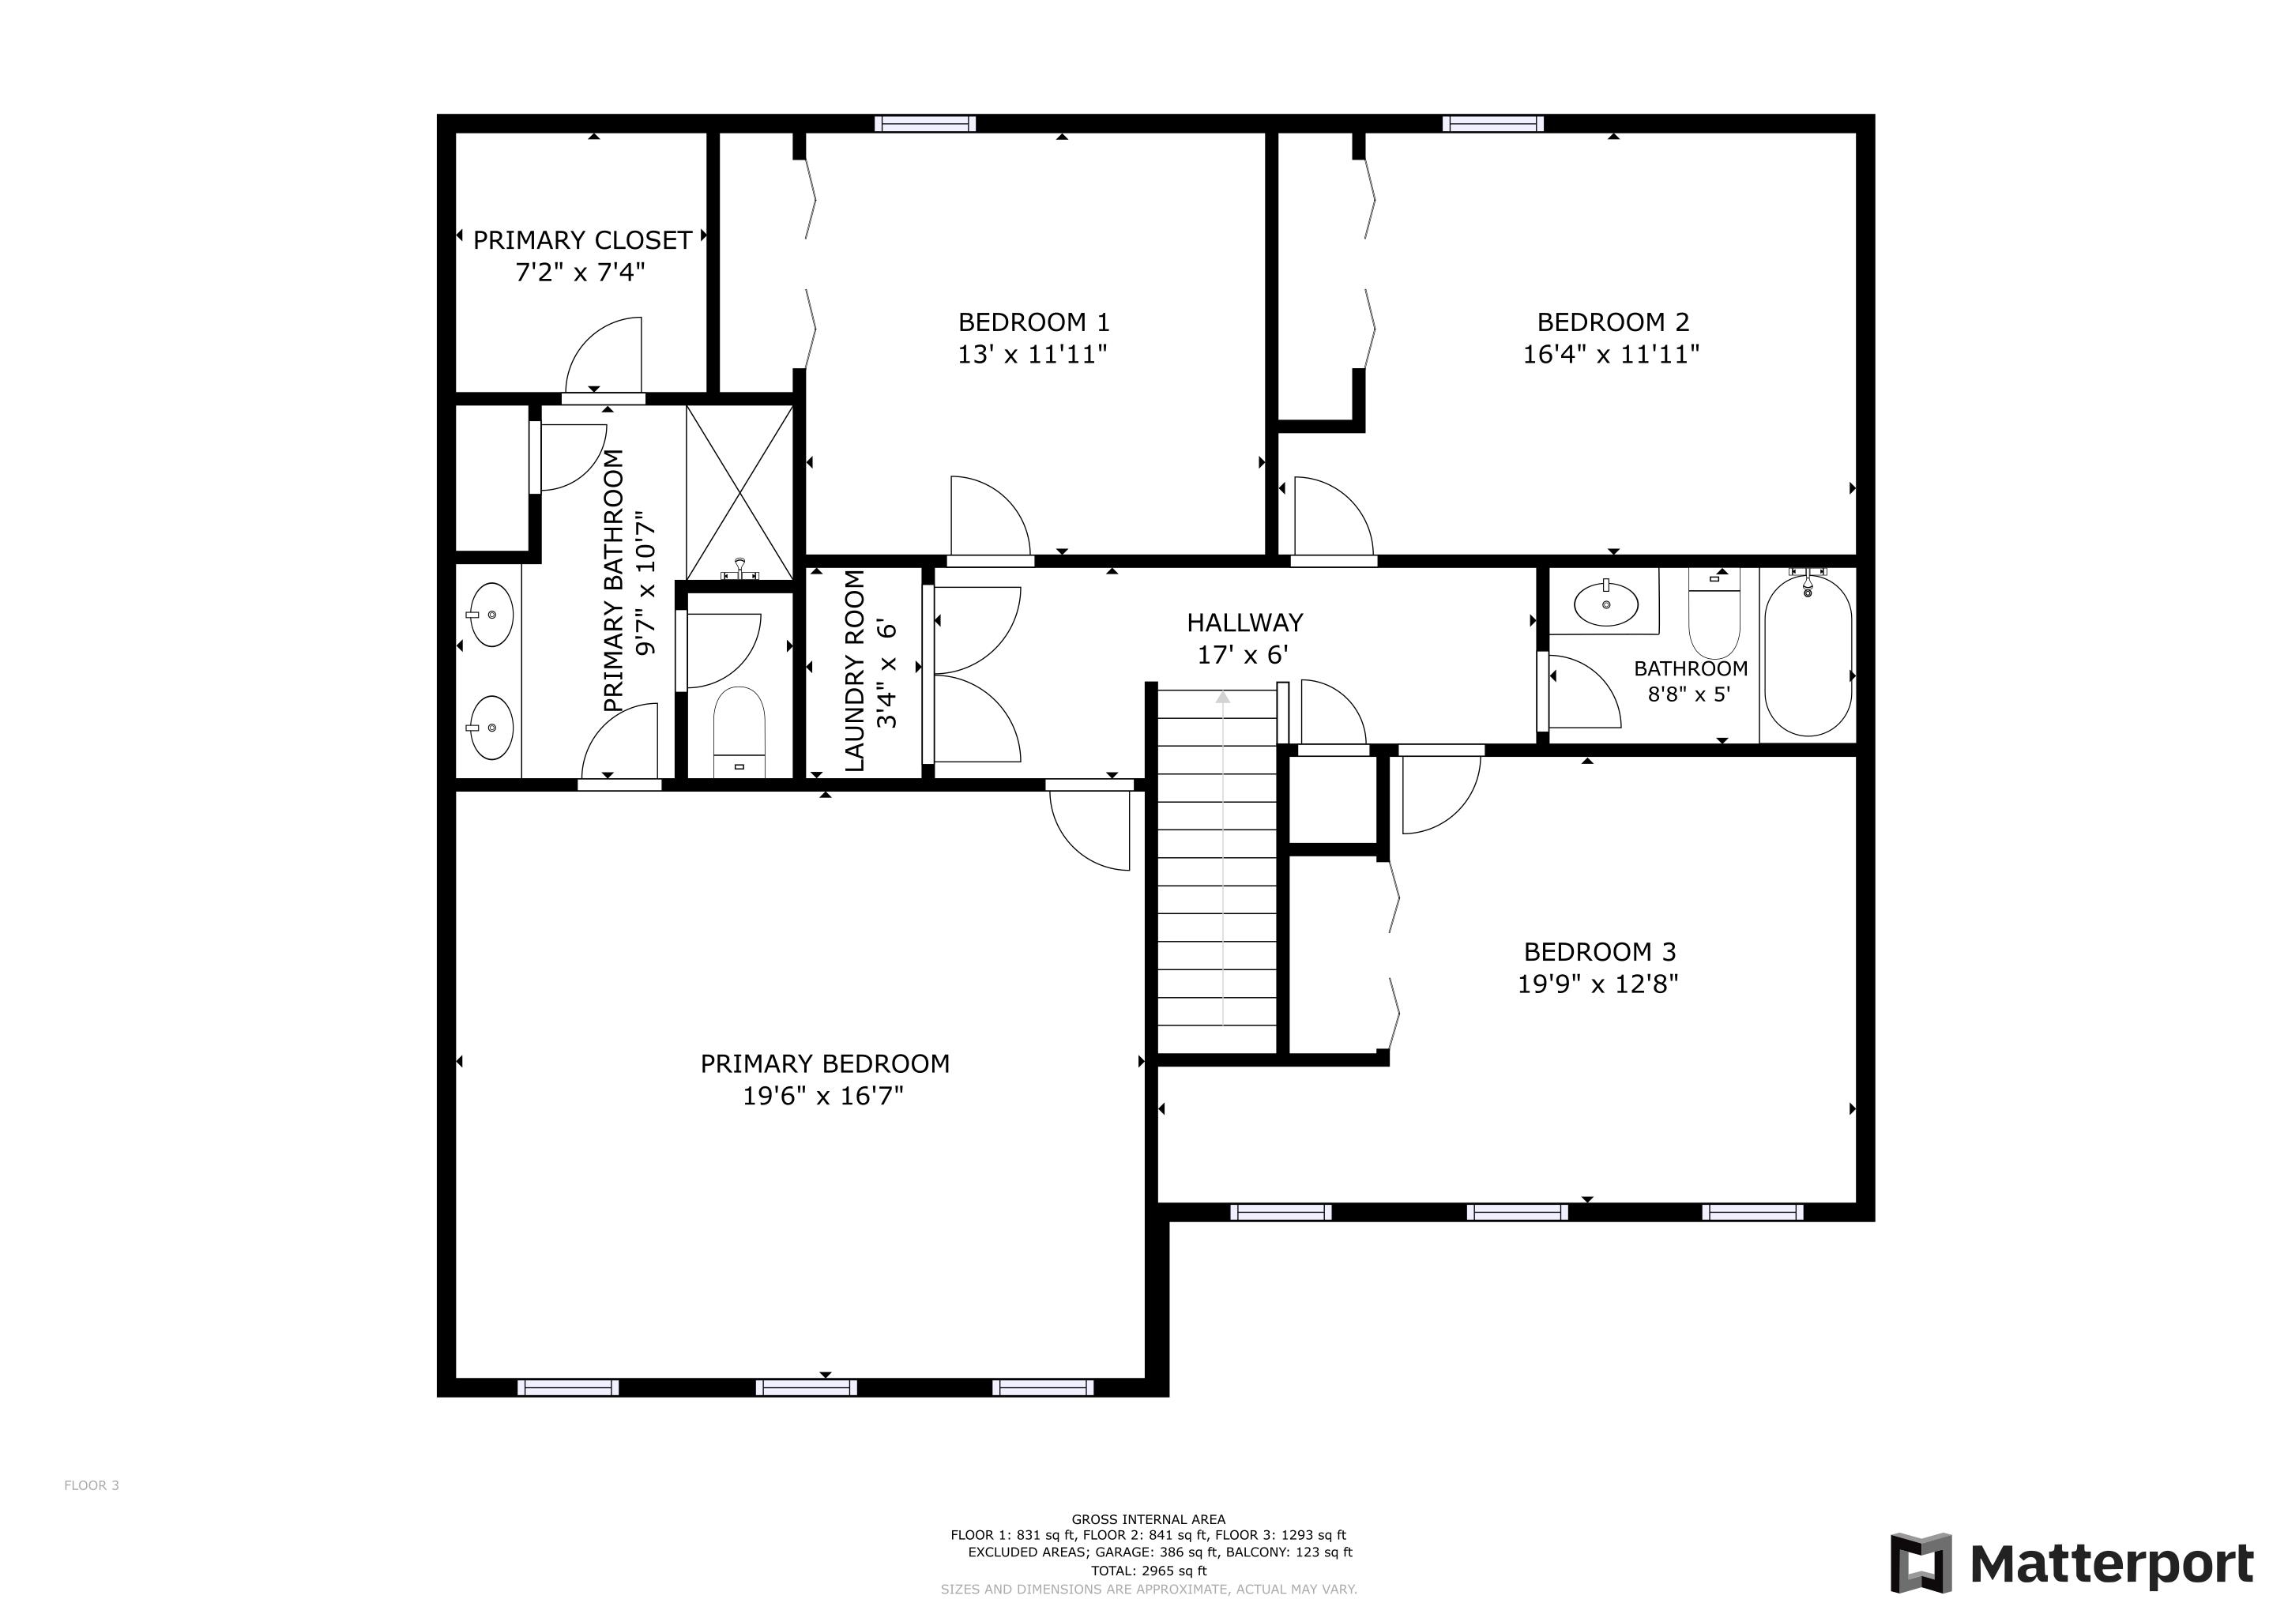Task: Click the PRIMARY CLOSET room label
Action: click(x=582, y=240)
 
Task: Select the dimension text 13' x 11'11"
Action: click(x=1033, y=355)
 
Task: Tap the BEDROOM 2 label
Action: click(x=1613, y=322)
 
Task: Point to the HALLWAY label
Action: click(x=1244, y=623)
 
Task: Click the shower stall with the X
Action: click(x=739, y=492)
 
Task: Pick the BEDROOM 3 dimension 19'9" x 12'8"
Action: click(x=1597, y=984)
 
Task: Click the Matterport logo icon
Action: click(x=1921, y=1562)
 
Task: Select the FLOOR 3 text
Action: click(x=92, y=1485)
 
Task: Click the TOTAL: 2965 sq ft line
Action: click(x=1148, y=1570)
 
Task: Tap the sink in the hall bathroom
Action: click(x=1605, y=602)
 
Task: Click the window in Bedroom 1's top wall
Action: click(x=925, y=123)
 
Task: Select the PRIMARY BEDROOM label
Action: click(x=824, y=1064)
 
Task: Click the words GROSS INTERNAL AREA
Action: click(x=1148, y=1519)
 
